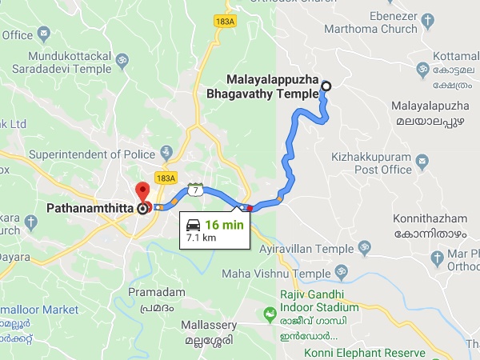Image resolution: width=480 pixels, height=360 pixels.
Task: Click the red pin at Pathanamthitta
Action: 142,193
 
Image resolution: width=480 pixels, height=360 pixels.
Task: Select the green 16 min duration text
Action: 223,224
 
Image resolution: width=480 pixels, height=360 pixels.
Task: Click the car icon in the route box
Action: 194,224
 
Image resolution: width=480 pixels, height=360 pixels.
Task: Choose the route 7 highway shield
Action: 194,189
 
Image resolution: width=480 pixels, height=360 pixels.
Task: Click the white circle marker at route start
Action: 326,87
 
